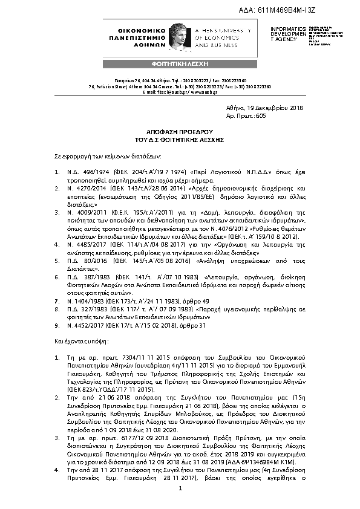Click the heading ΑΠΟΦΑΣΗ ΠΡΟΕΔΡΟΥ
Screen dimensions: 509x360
click(x=180, y=131)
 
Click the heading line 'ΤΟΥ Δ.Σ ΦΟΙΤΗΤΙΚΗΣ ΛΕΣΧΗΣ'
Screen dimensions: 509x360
click(x=180, y=138)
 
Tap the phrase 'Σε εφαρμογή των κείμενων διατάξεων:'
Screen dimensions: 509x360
click(x=106, y=155)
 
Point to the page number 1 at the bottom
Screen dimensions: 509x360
click(x=180, y=497)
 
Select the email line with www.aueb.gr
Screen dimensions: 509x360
click(x=179, y=91)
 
